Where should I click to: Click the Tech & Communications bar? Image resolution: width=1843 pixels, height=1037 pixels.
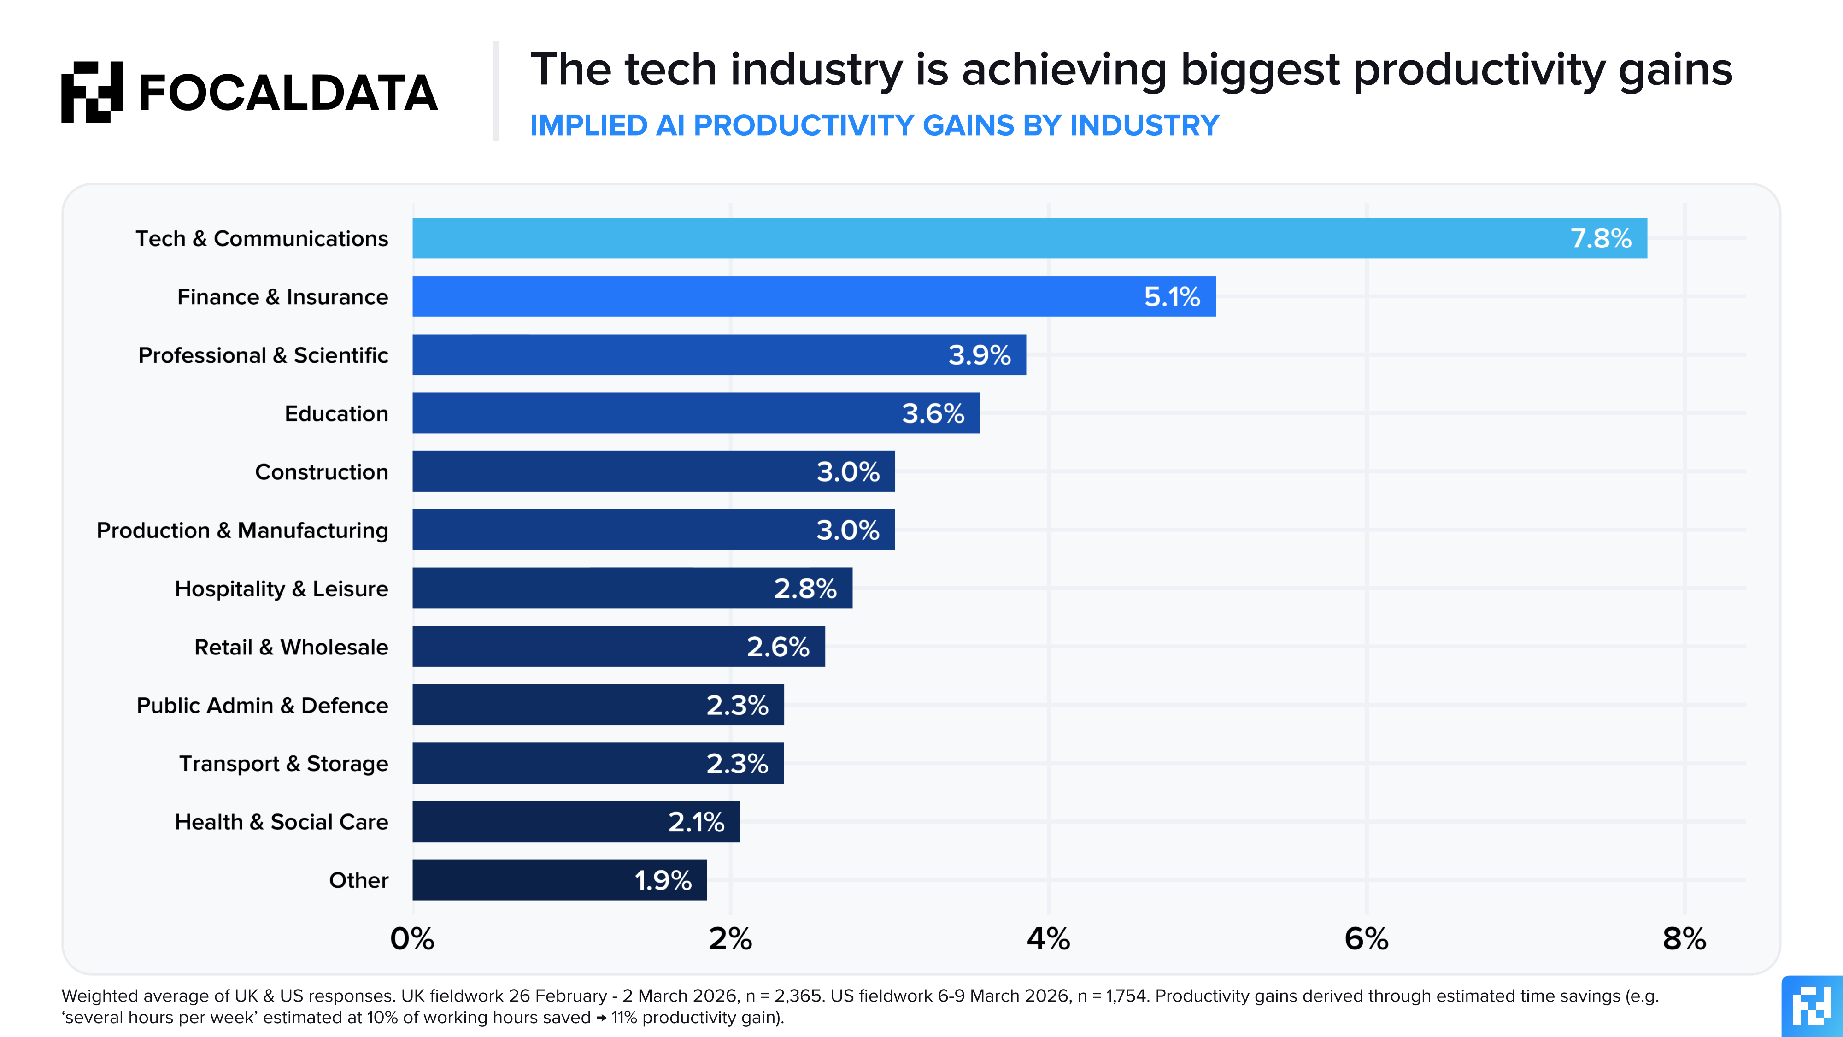click(1029, 238)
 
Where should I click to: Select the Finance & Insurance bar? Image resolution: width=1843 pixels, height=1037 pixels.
click(814, 296)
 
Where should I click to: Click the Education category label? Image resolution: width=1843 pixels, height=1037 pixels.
click(336, 414)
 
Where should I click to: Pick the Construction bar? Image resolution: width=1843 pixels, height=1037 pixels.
click(653, 471)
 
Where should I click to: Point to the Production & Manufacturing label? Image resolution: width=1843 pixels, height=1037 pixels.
click(242, 530)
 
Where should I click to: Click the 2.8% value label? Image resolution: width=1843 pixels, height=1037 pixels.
click(805, 588)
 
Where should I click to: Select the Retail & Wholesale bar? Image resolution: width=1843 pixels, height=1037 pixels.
click(618, 646)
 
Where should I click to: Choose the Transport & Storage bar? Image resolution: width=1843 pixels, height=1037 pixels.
click(598, 763)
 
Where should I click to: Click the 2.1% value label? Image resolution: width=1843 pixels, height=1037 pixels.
click(696, 822)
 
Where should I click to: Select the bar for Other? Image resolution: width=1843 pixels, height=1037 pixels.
click(559, 879)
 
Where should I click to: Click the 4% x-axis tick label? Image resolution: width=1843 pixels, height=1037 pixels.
click(1048, 938)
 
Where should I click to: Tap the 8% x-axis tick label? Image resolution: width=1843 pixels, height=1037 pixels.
click(1684, 938)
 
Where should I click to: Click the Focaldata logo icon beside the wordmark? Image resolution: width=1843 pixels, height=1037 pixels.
click(92, 92)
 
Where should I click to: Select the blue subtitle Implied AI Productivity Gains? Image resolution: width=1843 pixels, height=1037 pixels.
click(875, 125)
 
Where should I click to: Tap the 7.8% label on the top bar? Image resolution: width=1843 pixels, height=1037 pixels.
click(1601, 238)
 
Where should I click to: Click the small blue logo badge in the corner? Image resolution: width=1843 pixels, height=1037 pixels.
click(1812, 1006)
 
